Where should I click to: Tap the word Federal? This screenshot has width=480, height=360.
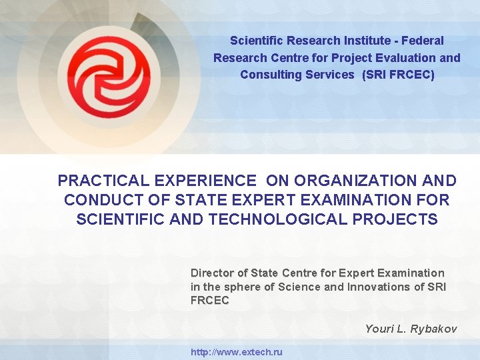point(423,41)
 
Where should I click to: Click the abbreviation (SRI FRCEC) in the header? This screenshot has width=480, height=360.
point(398,75)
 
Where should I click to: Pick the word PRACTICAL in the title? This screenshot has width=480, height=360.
point(103,181)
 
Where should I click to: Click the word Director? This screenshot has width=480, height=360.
point(212,273)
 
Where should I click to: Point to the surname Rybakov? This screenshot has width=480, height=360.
point(434,329)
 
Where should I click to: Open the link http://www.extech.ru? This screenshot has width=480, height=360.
point(237,352)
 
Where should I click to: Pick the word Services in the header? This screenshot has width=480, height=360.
point(330,75)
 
